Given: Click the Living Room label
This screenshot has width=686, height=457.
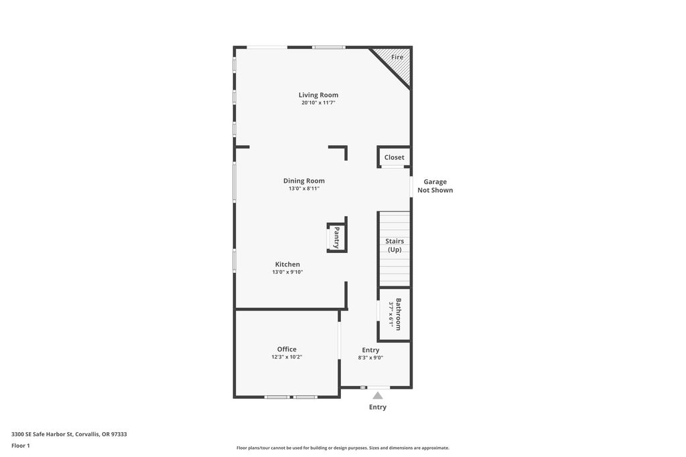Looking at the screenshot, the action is pyautogui.click(x=318, y=95).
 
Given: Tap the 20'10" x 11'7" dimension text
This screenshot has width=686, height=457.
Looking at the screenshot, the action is pyautogui.click(x=318, y=102).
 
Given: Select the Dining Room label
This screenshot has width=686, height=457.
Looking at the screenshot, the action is pyautogui.click(x=303, y=181).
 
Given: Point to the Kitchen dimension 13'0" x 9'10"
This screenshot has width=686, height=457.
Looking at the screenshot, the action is pyautogui.click(x=287, y=272).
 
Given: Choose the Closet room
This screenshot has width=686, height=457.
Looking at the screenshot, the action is pyautogui.click(x=394, y=157).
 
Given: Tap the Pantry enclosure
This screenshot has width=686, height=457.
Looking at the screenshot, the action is pyautogui.click(x=337, y=238).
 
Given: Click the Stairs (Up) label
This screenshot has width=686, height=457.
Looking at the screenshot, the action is pyautogui.click(x=394, y=245).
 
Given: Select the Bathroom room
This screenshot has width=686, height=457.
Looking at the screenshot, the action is pyautogui.click(x=394, y=314).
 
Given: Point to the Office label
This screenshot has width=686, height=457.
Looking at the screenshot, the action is pyautogui.click(x=287, y=349).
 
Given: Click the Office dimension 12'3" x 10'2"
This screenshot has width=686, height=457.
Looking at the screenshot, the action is pyautogui.click(x=287, y=357).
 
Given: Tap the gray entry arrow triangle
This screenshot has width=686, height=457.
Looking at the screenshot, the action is pyautogui.click(x=378, y=395).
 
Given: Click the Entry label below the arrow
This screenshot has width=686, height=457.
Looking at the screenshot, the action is pyautogui.click(x=378, y=407).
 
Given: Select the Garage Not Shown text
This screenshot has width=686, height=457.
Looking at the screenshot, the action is pyautogui.click(x=435, y=186).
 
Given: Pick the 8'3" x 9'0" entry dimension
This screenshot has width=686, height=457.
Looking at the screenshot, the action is pyautogui.click(x=370, y=357).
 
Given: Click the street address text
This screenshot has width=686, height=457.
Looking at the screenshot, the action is pyautogui.click(x=69, y=434).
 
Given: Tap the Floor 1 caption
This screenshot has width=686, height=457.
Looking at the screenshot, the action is pyautogui.click(x=21, y=446).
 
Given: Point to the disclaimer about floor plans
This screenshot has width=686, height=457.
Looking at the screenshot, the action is pyautogui.click(x=343, y=448).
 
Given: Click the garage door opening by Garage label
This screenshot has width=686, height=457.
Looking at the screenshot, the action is pyautogui.click(x=411, y=187).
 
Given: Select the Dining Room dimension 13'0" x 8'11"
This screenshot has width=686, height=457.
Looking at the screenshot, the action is pyautogui.click(x=303, y=189).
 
